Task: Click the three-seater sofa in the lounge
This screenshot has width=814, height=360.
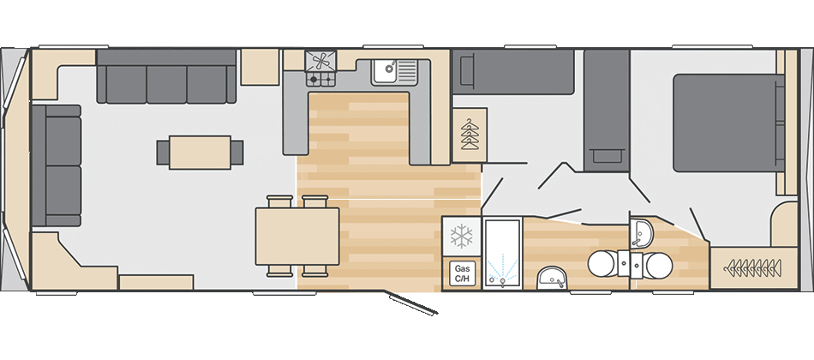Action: click(x=166, y=77)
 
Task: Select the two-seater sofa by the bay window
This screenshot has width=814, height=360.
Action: click(x=56, y=165)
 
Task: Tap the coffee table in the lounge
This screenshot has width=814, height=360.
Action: click(x=200, y=153)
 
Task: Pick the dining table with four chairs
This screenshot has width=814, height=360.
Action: click(x=297, y=236)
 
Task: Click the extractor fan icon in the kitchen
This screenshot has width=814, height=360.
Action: click(x=320, y=62)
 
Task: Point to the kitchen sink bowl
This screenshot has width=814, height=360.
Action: click(x=385, y=69)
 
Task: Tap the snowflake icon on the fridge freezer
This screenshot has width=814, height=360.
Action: click(x=461, y=236)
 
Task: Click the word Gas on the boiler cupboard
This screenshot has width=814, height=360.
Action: click(x=462, y=268)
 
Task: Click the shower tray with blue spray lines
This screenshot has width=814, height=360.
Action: click(x=502, y=253)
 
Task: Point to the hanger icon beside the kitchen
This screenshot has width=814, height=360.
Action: click(x=470, y=135)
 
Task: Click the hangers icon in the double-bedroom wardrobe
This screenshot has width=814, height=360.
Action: click(x=753, y=268)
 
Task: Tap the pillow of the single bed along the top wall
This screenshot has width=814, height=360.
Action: click(x=464, y=72)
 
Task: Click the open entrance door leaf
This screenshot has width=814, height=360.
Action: click(x=411, y=303)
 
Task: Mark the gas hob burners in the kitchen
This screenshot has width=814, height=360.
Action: click(x=320, y=79)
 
